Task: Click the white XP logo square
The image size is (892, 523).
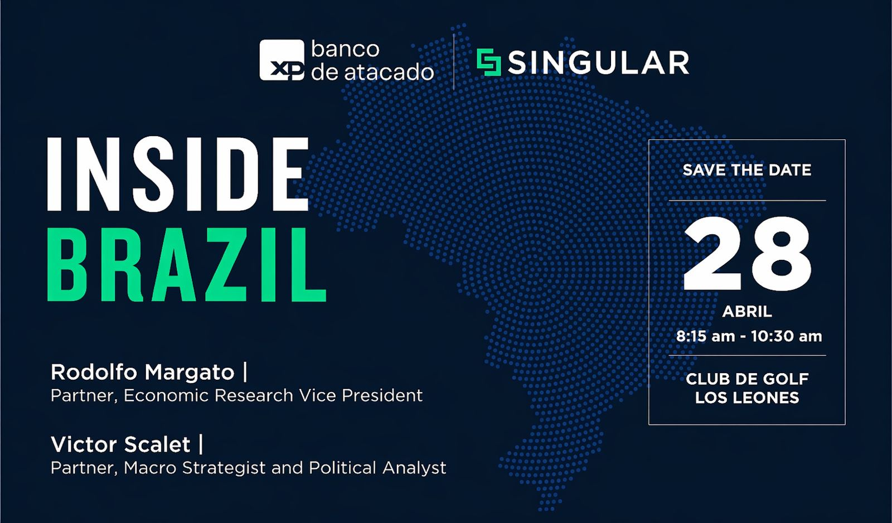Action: point(282,60)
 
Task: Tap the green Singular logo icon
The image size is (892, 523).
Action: point(488,62)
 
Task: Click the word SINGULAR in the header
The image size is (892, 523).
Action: point(599,62)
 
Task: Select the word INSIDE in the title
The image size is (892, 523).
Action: point(178,174)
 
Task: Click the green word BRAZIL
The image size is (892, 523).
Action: point(187,264)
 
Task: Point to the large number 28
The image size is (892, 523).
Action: point(747,253)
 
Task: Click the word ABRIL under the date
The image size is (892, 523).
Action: point(747,312)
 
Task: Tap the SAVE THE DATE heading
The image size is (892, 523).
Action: point(747,170)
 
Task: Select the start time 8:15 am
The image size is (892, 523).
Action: point(705,336)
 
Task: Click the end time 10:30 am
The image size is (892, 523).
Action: point(787,336)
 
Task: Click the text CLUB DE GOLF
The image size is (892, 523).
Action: point(747,379)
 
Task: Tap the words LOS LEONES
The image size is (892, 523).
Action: point(747,398)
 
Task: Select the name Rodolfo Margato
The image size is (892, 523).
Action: point(143,372)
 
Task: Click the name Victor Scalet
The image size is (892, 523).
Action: point(120,444)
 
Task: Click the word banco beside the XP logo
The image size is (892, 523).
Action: point(345,49)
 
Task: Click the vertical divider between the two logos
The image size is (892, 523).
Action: point(454,62)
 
